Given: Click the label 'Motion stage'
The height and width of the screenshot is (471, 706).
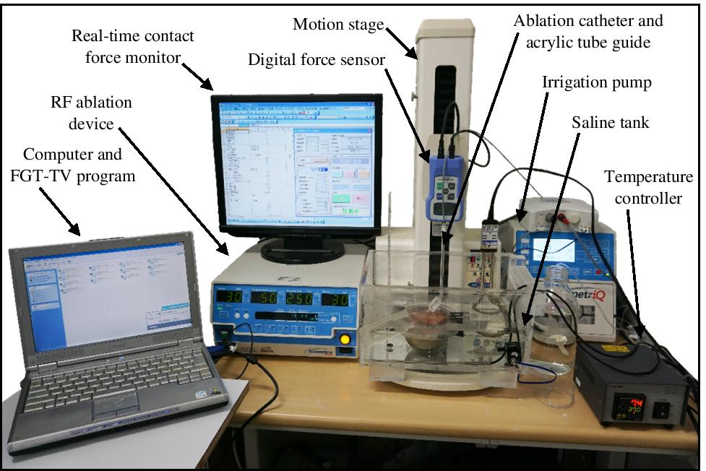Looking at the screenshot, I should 337,25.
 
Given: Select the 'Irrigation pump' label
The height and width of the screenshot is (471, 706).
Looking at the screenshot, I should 596,82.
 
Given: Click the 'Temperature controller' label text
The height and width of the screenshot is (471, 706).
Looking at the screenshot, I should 648,186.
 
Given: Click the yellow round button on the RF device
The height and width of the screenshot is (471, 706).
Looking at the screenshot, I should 345,339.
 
